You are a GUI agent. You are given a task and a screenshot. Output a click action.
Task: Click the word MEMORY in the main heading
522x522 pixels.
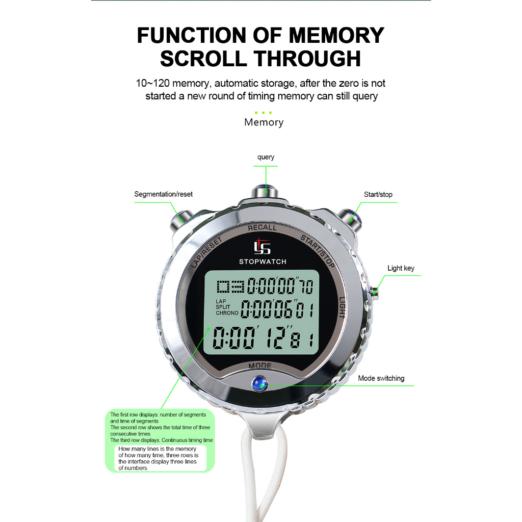click(x=336, y=36)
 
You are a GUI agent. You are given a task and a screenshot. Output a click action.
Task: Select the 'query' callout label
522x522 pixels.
click(x=266, y=157)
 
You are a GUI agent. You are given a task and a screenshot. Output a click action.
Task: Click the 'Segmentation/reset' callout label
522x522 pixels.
click(x=163, y=194)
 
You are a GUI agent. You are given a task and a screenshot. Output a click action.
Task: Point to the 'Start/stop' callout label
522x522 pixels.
click(x=378, y=194)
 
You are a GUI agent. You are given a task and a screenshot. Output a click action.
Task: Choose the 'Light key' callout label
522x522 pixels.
click(x=401, y=268)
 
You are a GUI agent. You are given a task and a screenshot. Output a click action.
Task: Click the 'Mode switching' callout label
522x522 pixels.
click(x=381, y=378)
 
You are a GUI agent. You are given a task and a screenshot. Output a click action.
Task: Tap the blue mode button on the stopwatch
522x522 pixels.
click(x=260, y=382)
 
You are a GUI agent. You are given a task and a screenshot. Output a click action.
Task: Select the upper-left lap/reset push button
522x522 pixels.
click(x=180, y=217)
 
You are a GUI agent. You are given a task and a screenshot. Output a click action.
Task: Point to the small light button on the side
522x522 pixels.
click(x=375, y=293)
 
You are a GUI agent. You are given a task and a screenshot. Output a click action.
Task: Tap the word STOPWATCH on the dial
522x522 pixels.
click(x=263, y=262)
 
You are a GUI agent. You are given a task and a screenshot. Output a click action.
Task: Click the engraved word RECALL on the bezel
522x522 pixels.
click(x=262, y=228)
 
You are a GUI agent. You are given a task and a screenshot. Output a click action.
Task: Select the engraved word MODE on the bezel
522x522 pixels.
click(x=259, y=366)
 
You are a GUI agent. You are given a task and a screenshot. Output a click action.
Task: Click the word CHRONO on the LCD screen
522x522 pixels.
click(x=227, y=313)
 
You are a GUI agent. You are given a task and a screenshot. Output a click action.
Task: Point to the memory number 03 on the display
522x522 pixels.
click(x=230, y=288)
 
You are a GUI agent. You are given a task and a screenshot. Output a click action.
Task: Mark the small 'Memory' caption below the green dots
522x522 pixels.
click(x=264, y=122)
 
